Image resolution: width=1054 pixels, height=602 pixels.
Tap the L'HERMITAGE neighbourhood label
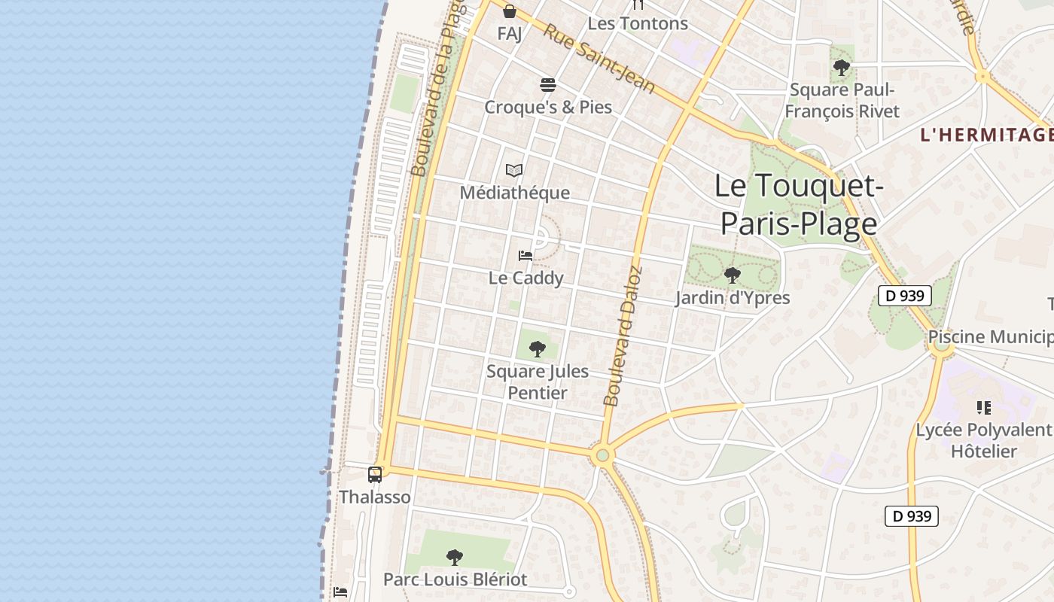pyautogui.click(x=986, y=135)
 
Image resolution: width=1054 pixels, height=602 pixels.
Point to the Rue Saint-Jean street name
pyautogui.click(x=599, y=58)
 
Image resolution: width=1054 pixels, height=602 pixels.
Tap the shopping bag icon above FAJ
pyautogui.click(x=510, y=11)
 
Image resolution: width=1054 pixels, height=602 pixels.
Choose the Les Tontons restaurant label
pyautogui.click(x=638, y=23)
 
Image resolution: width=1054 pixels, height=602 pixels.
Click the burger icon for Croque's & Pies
pyautogui.click(x=548, y=84)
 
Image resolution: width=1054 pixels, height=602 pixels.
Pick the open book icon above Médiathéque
pyautogui.click(x=514, y=171)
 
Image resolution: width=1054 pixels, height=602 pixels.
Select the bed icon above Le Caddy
pyautogui.click(x=525, y=256)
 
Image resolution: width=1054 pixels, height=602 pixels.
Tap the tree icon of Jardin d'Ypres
pyautogui.click(x=732, y=275)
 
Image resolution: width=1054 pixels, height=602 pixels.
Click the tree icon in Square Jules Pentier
pyautogui.click(x=538, y=348)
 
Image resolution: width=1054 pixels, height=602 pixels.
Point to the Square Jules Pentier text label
pyautogui.click(x=538, y=382)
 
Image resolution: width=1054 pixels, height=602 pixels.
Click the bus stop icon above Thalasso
pyautogui.click(x=375, y=474)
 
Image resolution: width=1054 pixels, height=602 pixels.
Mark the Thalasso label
pyautogui.click(x=375, y=497)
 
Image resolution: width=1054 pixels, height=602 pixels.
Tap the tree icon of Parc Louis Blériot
pyautogui.click(x=455, y=557)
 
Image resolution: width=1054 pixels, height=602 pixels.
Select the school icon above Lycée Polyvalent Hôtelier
pyautogui.click(x=983, y=408)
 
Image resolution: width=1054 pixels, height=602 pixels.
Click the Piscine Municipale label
pyautogui.click(x=990, y=336)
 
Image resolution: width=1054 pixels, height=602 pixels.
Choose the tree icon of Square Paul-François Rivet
pyautogui.click(x=842, y=68)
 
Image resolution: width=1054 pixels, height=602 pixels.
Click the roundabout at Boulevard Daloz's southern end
pyautogui.click(x=602, y=455)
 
